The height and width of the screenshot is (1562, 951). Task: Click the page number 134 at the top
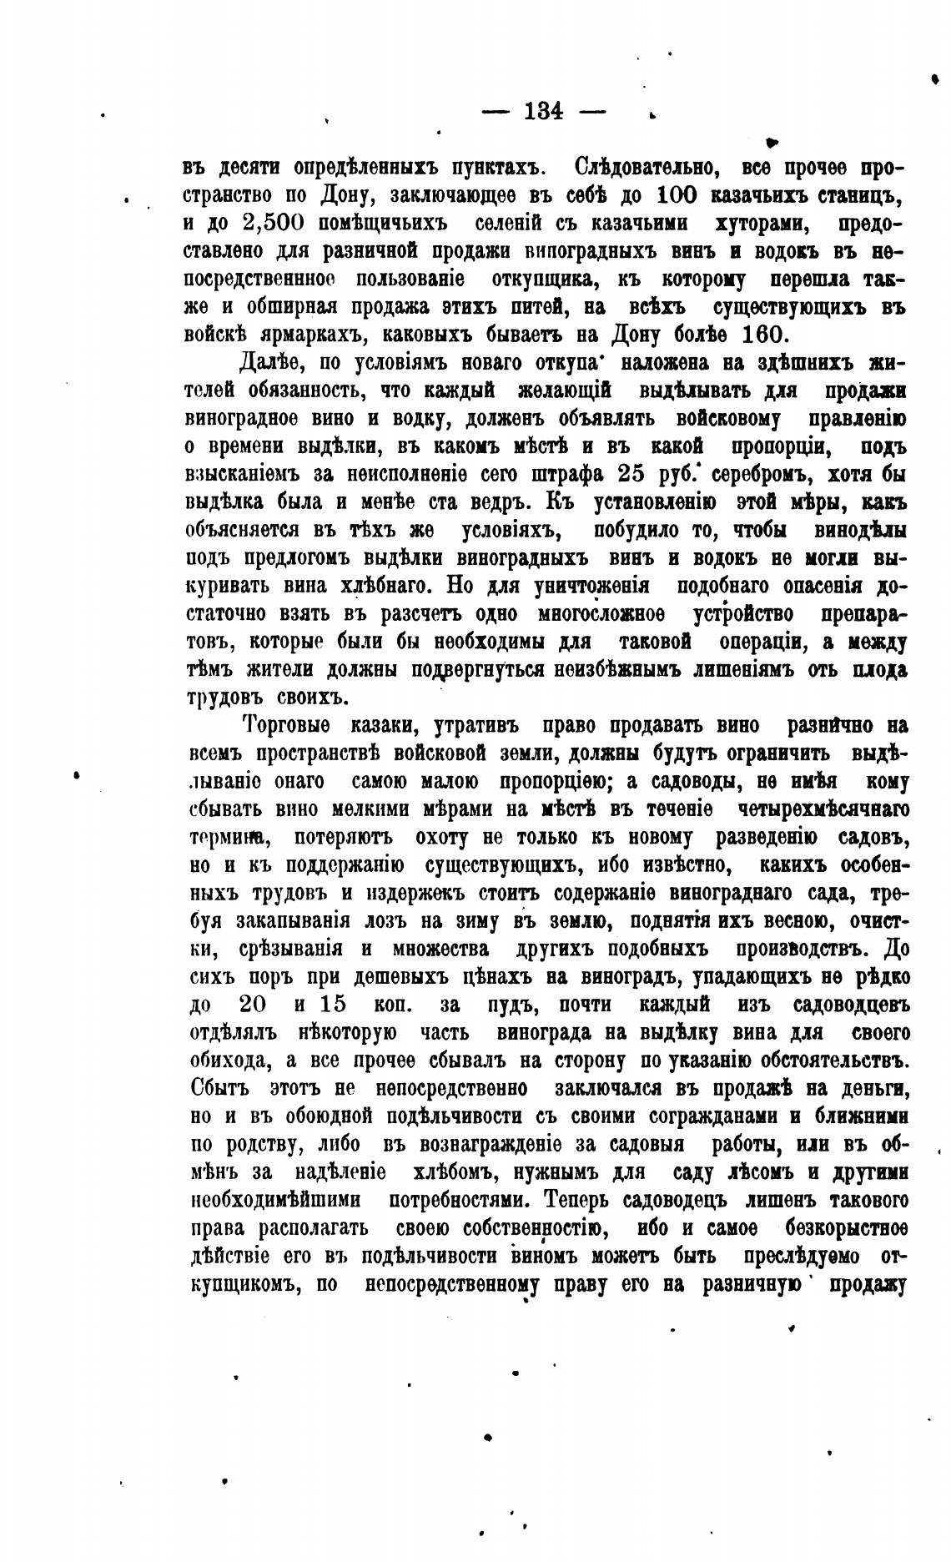point(545,111)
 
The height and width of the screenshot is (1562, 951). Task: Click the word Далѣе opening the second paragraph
point(269,364)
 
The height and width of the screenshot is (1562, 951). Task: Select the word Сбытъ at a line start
point(221,1089)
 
